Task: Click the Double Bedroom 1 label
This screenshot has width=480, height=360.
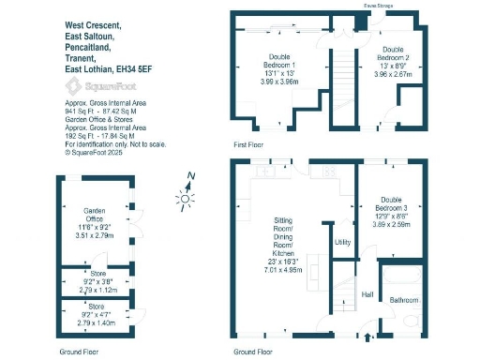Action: tap(279, 63)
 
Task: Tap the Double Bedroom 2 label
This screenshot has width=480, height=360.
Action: tap(393, 52)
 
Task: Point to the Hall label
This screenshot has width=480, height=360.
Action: tap(368, 293)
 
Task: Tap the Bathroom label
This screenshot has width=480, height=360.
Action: tap(405, 299)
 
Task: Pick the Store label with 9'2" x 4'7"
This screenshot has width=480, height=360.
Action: tap(97, 307)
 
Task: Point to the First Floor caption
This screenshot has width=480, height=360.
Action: tap(248, 145)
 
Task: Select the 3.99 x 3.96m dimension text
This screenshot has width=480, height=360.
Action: tap(279, 82)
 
